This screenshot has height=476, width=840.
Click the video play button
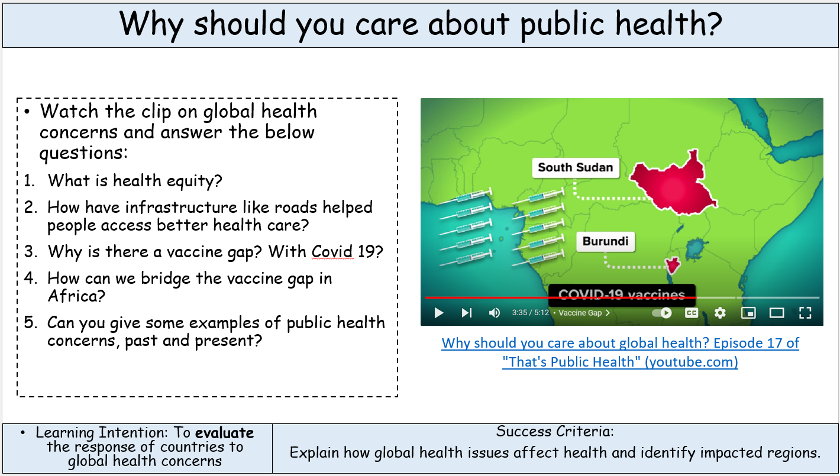tap(439, 313)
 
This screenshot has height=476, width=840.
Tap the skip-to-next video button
tap(467, 313)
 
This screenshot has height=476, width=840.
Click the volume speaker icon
tap(495, 313)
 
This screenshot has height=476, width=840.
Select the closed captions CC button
tap(691, 313)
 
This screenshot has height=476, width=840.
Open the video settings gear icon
tap(720, 313)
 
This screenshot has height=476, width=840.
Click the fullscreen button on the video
tap(805, 313)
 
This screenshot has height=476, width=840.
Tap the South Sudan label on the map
tap(575, 167)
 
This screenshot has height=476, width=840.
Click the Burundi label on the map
tap(605, 241)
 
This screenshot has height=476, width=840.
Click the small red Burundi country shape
tap(673, 265)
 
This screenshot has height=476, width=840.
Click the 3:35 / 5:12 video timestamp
tap(530, 313)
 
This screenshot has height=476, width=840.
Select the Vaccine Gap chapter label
tap(580, 313)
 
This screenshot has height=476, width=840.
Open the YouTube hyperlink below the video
tap(621, 352)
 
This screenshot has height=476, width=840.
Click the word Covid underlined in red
tap(332, 251)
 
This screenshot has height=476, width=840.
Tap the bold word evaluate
tap(224, 433)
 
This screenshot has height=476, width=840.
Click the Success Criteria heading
tap(555, 432)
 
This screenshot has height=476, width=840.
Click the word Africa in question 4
tap(76, 296)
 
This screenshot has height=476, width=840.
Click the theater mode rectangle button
tap(777, 313)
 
